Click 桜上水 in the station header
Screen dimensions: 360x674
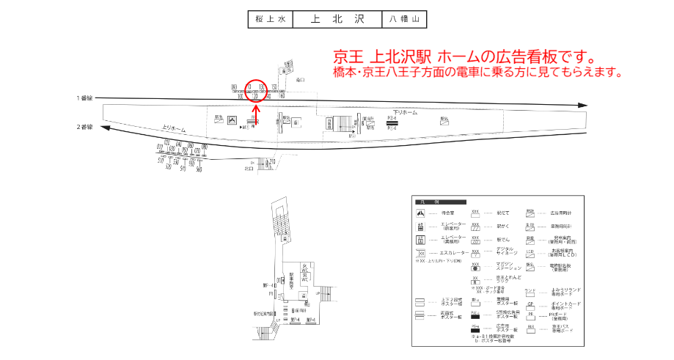tap(271, 19)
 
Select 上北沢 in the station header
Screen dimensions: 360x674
tap(337, 19)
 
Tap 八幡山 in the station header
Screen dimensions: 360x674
tap(403, 19)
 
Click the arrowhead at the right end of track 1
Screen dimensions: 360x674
tap(582, 106)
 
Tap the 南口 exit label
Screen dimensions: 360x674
tap(249, 168)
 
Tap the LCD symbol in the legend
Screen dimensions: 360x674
tap(530, 252)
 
